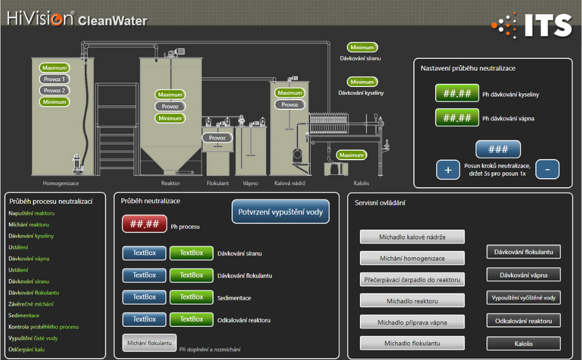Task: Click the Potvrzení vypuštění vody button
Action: (280, 212)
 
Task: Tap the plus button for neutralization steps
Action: (448, 170)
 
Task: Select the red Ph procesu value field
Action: (145, 224)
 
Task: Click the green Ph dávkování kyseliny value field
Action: (457, 93)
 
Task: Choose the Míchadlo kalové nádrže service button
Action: (412, 237)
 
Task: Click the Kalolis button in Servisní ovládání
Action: (523, 344)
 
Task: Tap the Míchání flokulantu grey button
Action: (149, 343)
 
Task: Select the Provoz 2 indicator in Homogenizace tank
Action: (54, 90)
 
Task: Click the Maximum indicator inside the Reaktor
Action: (170, 95)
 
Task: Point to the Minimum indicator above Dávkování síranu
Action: (362, 47)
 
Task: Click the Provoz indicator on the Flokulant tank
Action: (217, 137)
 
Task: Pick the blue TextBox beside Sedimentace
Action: (145, 297)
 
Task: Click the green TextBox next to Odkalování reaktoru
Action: (191, 319)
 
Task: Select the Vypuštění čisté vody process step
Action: (33, 338)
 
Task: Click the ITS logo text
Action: (548, 26)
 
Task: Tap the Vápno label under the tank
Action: (250, 184)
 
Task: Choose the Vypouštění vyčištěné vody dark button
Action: (523, 298)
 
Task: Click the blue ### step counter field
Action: (498, 149)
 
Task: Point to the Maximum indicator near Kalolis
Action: (351, 155)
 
